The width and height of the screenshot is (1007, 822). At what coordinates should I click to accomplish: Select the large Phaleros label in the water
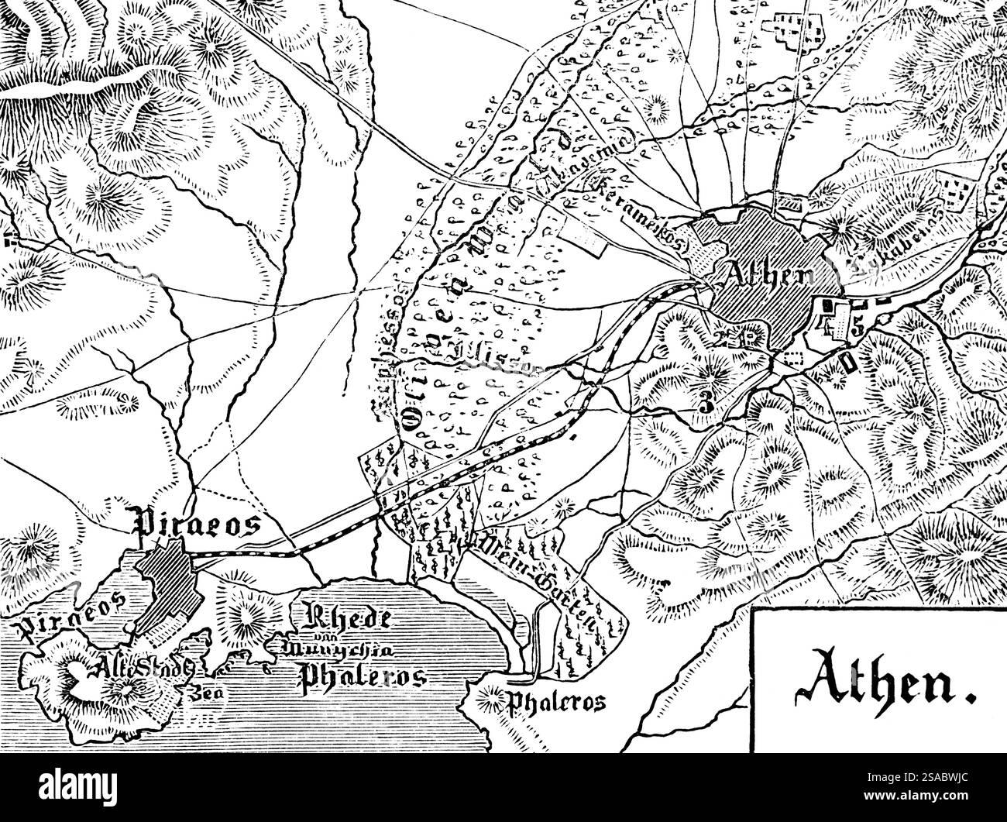pyautogui.click(x=363, y=677)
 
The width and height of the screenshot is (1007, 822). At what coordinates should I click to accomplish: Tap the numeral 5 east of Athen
pyautogui.click(x=857, y=325)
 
